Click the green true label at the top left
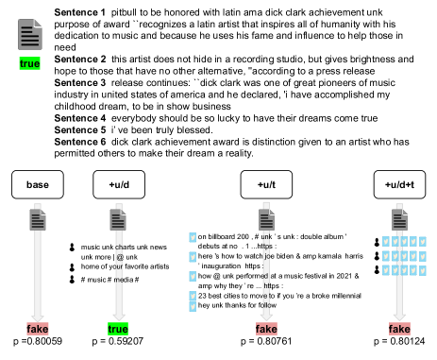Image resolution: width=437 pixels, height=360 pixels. click(29, 63)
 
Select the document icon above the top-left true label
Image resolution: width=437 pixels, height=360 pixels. click(30, 35)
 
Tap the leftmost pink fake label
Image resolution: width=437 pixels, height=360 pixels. click(38, 329)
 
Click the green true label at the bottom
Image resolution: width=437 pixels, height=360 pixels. click(118, 329)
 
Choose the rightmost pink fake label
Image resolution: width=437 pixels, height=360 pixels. click(399, 329)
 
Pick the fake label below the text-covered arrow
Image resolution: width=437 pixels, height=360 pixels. click(266, 329)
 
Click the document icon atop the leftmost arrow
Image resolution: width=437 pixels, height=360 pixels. click(38, 220)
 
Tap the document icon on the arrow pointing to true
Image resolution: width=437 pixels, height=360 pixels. click(118, 220)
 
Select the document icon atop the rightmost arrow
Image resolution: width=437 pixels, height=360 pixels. click(399, 220)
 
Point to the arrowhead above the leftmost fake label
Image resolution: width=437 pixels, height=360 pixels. click(38, 318)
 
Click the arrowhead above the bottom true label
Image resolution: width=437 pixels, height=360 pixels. click(119, 317)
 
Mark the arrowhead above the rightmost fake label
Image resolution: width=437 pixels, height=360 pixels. click(399, 317)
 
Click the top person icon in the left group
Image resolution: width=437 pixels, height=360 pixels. click(72, 246)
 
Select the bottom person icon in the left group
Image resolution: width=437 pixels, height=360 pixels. click(72, 277)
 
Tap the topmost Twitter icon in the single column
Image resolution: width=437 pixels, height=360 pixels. click(193, 238)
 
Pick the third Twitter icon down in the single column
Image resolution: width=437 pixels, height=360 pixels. click(193, 277)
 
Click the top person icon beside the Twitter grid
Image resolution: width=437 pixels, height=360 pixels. click(377, 241)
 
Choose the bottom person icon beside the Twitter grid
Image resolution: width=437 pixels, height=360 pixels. click(377, 268)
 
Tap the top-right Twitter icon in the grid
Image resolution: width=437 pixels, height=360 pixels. click(422, 242)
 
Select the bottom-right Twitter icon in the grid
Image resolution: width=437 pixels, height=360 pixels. click(422, 270)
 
